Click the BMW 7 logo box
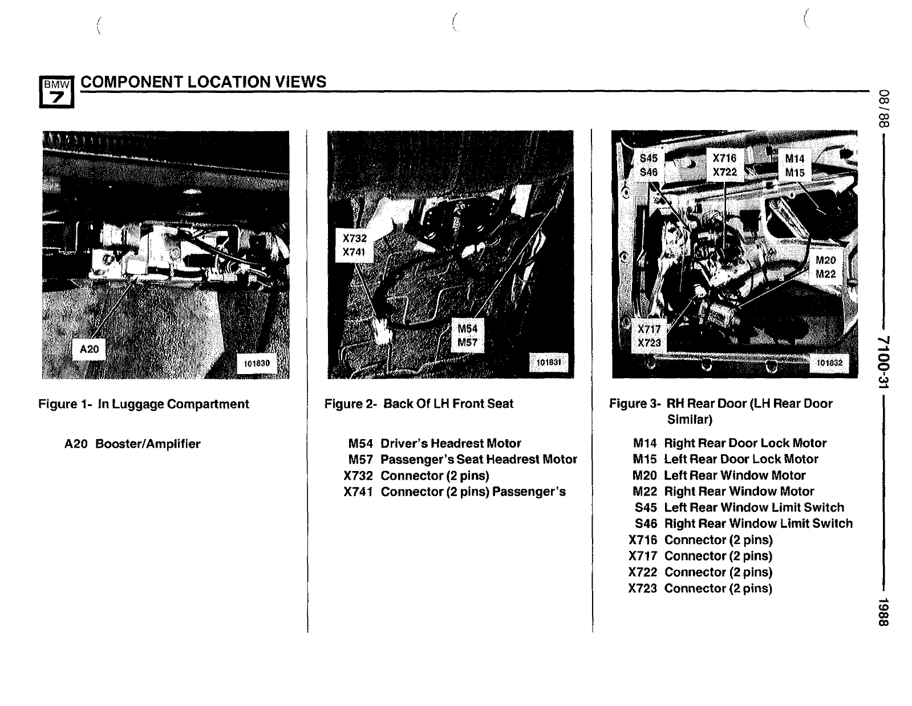pyautogui.click(x=56, y=92)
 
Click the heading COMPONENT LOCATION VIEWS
pyautogui.click(x=204, y=82)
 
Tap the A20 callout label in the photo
pyautogui.click(x=90, y=349)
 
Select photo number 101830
pyautogui.click(x=257, y=363)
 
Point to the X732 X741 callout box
pyautogui.click(x=354, y=245)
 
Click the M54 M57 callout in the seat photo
pyautogui.click(x=467, y=335)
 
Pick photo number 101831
pyautogui.click(x=548, y=362)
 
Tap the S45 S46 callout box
pyautogui.click(x=648, y=165)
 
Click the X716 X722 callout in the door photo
pyautogui.click(x=724, y=165)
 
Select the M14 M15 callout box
pyautogui.click(x=795, y=165)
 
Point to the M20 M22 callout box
pyautogui.click(x=825, y=267)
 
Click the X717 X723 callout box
pyautogui.click(x=649, y=336)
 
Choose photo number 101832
pyautogui.click(x=829, y=363)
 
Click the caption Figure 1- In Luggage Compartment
pyautogui.click(x=144, y=404)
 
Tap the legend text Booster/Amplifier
pyautogui.click(x=148, y=444)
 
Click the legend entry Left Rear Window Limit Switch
pyautogui.click(x=753, y=508)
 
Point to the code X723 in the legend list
pyautogui.click(x=643, y=588)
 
